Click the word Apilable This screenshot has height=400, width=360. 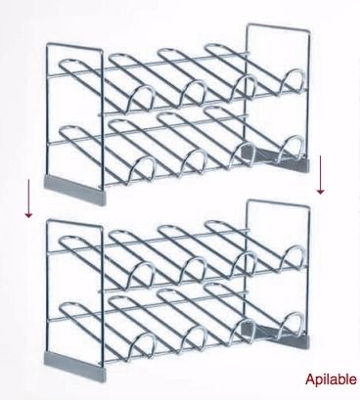click(x=331, y=379)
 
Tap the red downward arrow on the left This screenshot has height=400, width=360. click(x=28, y=199)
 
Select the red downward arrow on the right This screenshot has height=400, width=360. click(x=321, y=175)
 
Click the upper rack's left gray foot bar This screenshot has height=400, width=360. click(x=75, y=191)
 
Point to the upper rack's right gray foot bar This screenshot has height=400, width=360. click(x=276, y=158)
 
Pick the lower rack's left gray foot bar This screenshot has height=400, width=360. click(x=75, y=366)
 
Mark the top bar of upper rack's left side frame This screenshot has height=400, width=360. click(x=74, y=47)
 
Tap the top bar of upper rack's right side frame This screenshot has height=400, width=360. click(x=278, y=27)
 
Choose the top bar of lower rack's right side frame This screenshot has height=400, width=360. click(x=278, y=203)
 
